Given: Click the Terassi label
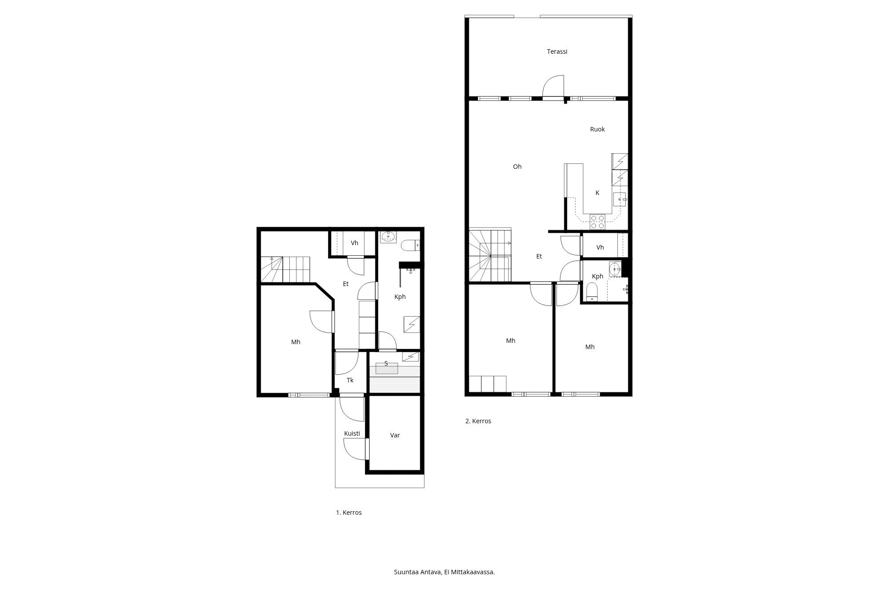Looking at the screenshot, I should tap(557, 52).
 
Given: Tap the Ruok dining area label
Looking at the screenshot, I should tap(597, 129).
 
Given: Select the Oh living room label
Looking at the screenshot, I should tap(517, 167).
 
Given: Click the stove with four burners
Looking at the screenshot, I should tap(597, 222).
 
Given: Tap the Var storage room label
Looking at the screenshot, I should tap(395, 435).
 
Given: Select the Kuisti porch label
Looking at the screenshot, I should tap(352, 433).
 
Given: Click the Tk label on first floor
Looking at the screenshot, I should tap(350, 380).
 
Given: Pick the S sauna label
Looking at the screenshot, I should tap(386, 363).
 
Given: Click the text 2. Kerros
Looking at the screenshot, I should tap(478, 421).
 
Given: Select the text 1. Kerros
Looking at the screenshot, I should tap(348, 513).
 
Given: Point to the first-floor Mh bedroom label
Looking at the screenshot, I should tap(296, 342).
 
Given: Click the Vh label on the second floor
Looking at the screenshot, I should tap(600, 247).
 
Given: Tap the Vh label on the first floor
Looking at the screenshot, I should tap(354, 243).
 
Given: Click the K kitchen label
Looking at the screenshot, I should tap(597, 193).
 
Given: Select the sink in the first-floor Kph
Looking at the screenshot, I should tap(388, 236).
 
